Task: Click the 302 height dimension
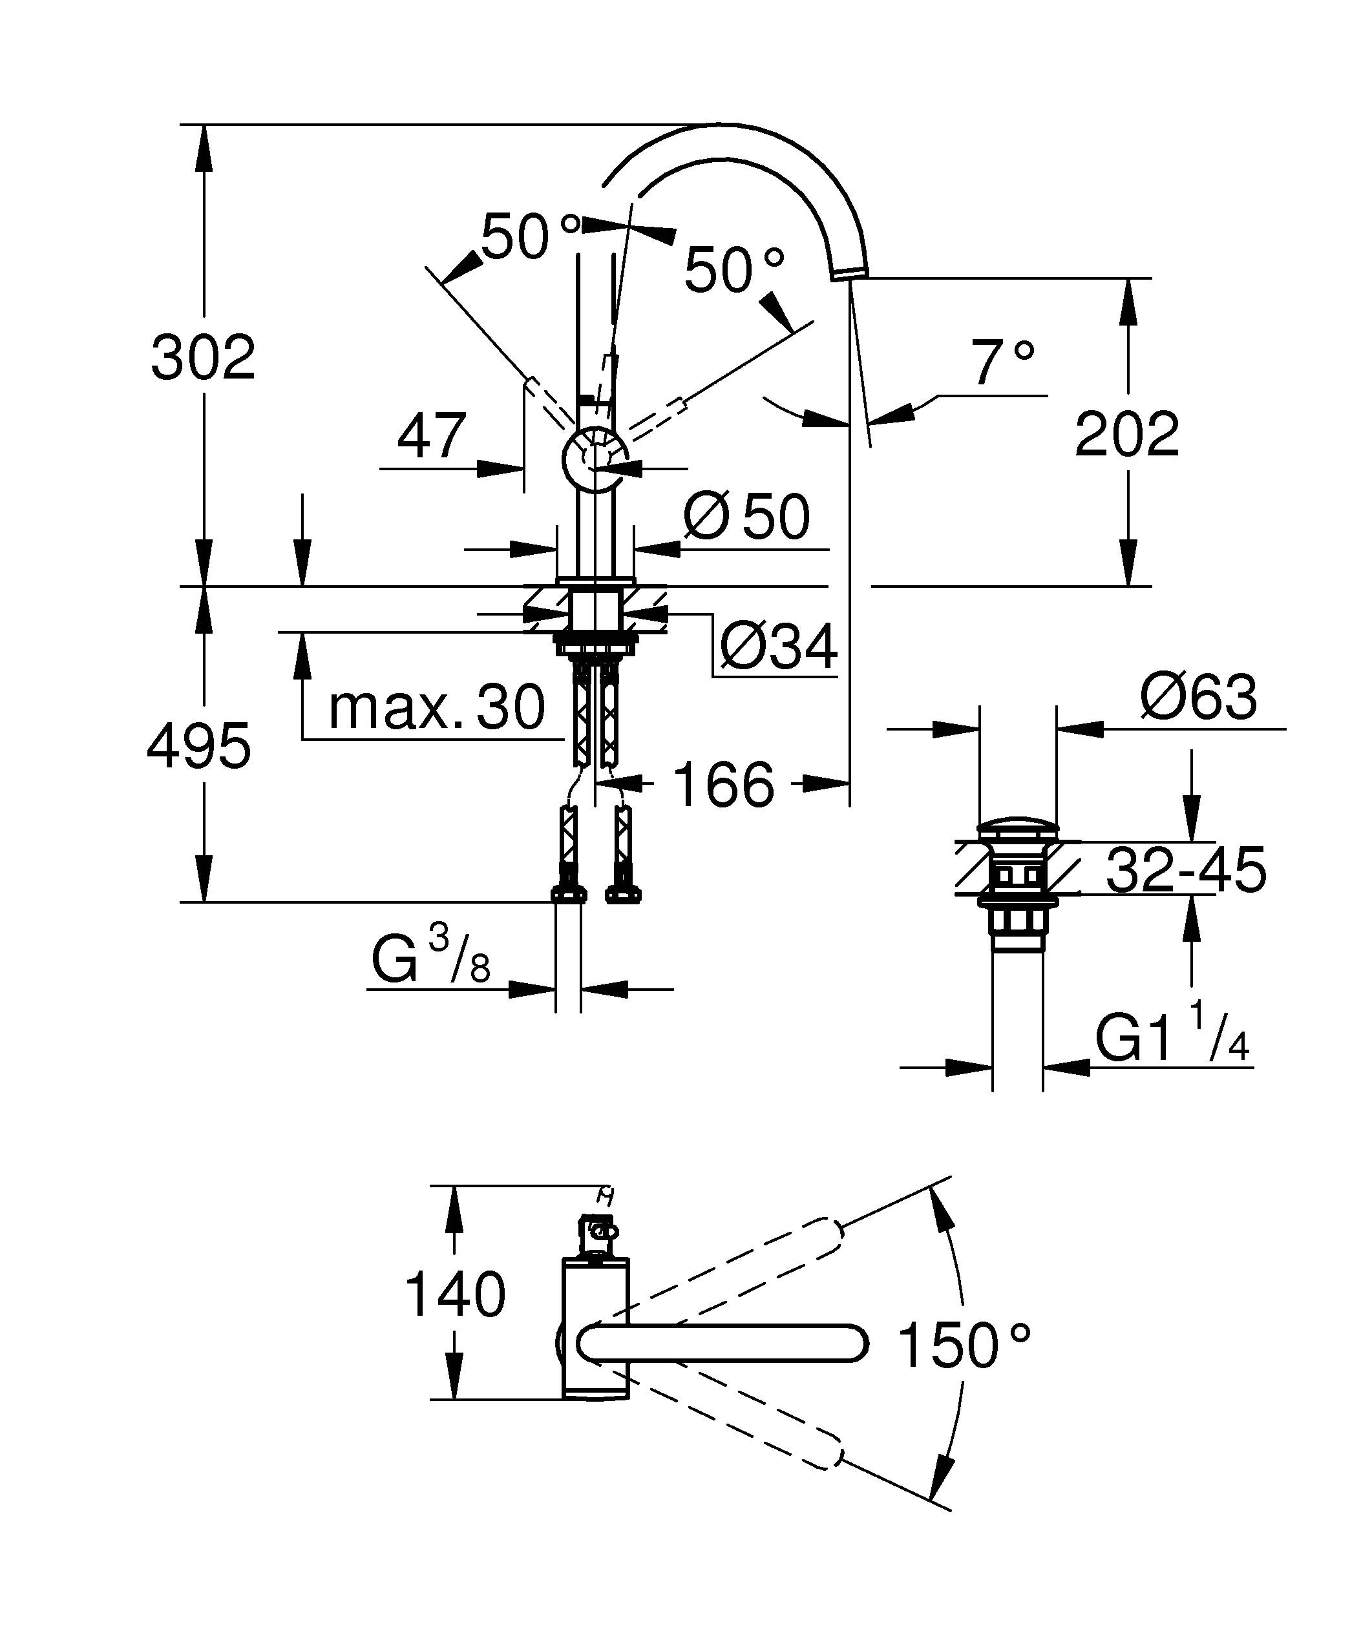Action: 204,358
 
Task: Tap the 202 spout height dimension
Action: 1126,435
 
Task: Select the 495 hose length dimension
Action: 199,746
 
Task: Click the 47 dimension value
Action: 431,437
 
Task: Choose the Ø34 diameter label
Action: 778,646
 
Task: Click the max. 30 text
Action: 437,707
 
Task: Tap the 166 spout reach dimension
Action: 723,784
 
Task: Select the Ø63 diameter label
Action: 1197,697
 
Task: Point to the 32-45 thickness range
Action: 1185,870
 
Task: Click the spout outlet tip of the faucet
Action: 849,271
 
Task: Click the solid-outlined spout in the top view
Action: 723,1344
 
